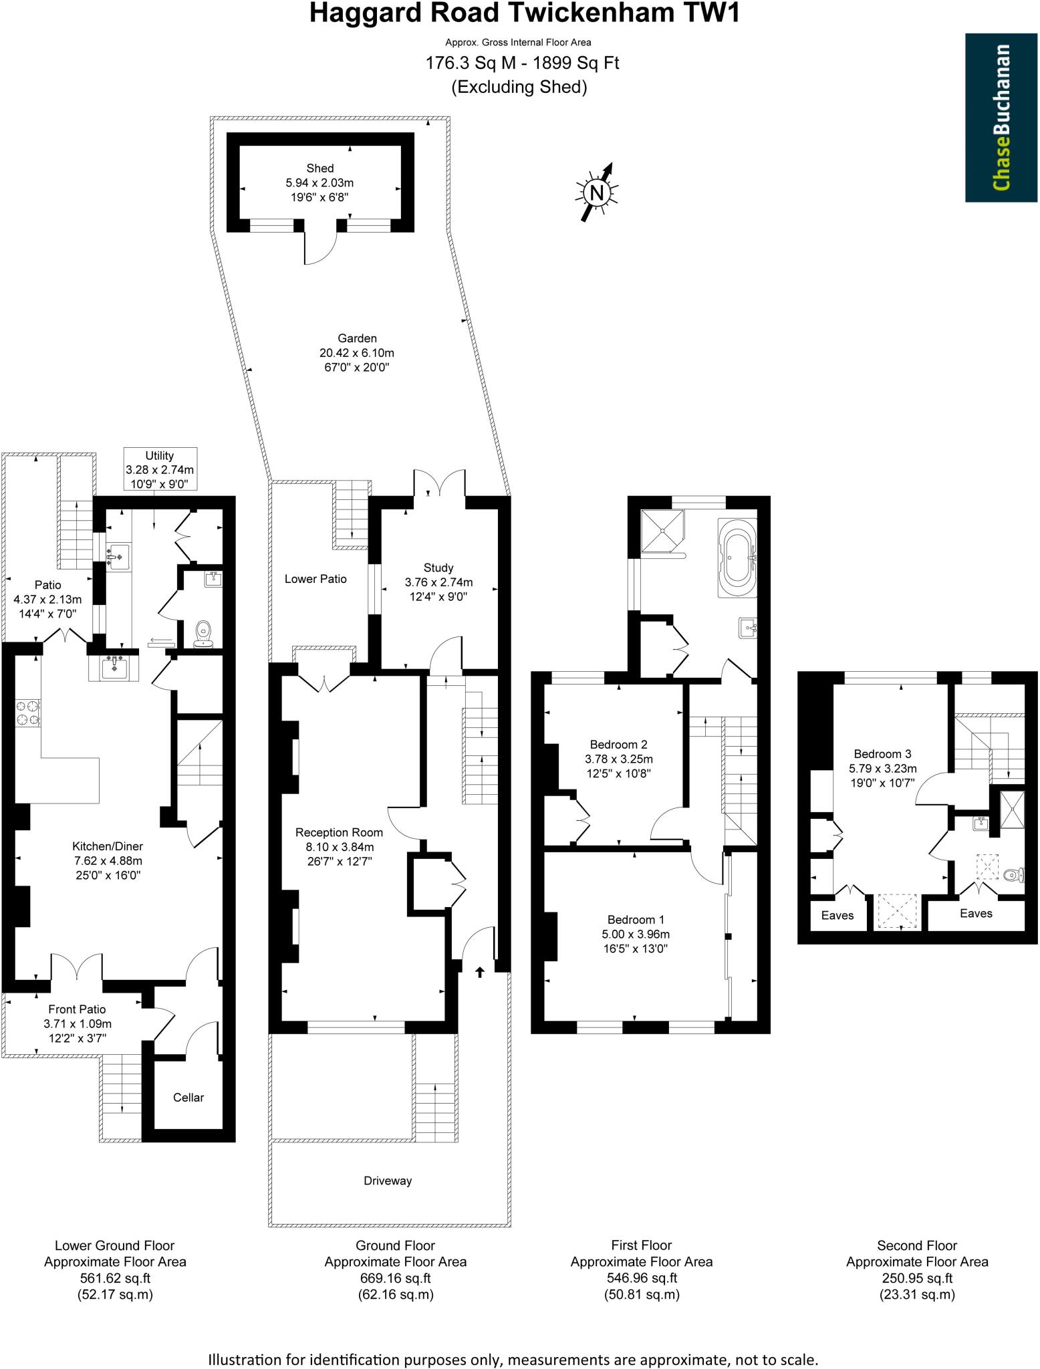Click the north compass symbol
596,193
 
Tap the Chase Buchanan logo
1001,118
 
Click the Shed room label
319,168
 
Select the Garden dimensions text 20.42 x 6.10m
356,353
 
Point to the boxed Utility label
160,469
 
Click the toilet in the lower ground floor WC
203,634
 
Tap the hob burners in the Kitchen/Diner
27,712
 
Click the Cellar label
188,1097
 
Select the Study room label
438,568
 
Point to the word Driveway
387,1180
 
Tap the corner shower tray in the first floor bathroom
662,531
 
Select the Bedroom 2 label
618,744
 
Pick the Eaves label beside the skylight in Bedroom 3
837,915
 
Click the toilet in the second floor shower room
1013,875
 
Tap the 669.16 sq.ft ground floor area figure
395,1278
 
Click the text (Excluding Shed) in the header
519,87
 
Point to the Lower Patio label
315,579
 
